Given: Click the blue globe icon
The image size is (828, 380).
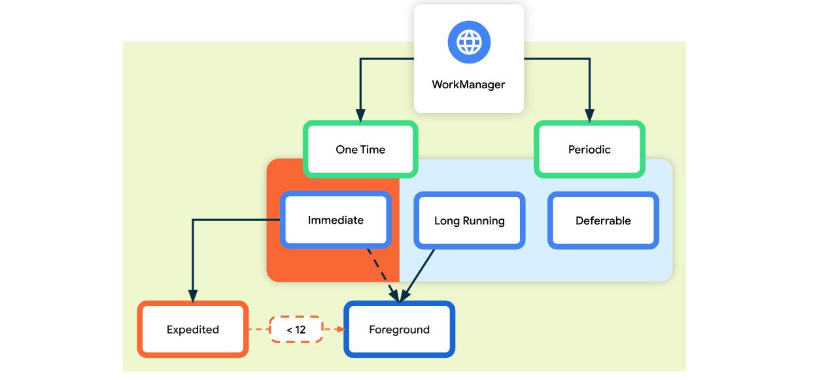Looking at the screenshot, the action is point(469,42).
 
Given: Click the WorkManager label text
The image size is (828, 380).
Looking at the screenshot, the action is point(468,84).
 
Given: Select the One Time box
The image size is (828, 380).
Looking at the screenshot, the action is point(360,149).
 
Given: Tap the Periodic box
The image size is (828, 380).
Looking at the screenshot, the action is point(589,149).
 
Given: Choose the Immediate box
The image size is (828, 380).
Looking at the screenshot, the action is point(336,220).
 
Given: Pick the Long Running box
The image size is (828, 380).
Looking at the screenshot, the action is point(470,220).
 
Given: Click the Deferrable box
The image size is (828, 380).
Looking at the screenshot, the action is point(603,220).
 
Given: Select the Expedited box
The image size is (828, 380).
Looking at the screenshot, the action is point(193,330).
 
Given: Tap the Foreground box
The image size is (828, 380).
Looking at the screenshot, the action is point(399,330).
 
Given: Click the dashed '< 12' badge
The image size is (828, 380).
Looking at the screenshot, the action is point(296,330).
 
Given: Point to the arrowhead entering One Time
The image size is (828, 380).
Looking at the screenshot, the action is point(360,115).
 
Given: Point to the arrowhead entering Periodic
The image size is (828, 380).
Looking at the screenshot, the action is point(589,115).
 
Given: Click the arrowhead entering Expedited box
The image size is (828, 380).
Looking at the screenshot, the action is point(193,296).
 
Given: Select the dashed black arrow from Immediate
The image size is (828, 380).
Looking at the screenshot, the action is point(383,275).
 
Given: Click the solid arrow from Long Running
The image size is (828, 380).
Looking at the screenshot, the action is point(417,276).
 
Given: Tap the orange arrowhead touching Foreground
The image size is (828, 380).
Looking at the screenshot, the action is point(341,329).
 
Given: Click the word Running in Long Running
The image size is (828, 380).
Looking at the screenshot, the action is point(483,221).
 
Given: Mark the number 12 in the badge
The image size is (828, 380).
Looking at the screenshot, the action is point(300,330).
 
